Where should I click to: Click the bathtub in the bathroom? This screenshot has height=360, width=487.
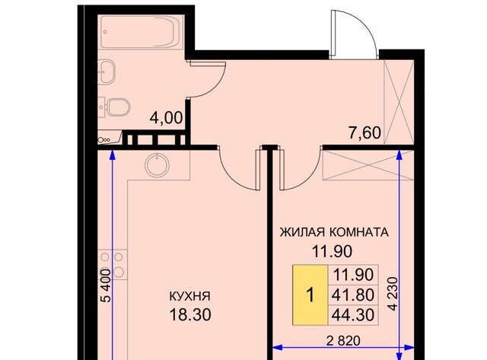point(142,32)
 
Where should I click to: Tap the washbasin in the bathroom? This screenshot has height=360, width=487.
point(107,72)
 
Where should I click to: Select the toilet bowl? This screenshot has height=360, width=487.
point(114,107)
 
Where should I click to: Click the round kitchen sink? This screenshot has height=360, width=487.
point(158,166)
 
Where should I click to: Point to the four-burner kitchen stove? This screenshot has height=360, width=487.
point(113,264)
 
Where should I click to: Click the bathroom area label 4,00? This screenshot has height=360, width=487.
point(166,118)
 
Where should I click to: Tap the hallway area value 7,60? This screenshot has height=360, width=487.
point(364,133)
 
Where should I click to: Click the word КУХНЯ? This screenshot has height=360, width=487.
point(190,296)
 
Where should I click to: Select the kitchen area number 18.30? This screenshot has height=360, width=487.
point(190,315)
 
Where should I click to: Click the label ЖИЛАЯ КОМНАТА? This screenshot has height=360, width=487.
point(334,232)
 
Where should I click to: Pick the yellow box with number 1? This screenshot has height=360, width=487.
point(310,295)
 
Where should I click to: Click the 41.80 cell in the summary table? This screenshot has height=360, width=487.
point(353,295)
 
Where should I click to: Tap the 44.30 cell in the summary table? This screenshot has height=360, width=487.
point(353,315)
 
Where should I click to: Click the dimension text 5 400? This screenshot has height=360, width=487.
point(107,285)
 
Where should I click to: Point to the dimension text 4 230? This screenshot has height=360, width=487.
point(393,294)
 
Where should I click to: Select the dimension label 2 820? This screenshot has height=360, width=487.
point(343,341)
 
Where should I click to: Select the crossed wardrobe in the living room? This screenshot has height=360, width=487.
point(368,165)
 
